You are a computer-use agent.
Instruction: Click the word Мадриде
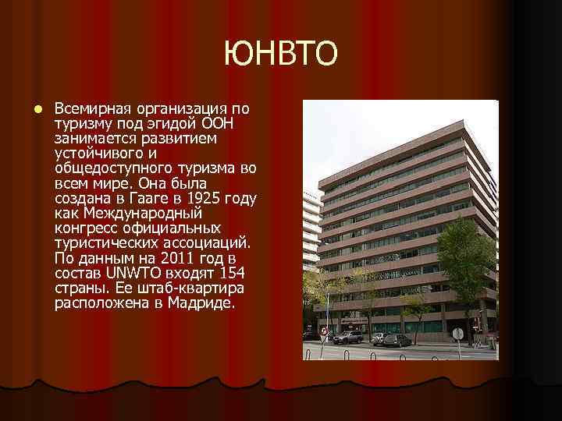pos(201,302)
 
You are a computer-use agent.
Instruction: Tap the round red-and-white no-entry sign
pos(323,331)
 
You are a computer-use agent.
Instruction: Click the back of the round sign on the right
pos(457,333)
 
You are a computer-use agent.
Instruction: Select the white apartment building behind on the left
pos(311,226)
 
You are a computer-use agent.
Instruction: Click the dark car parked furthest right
pos(397,340)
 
